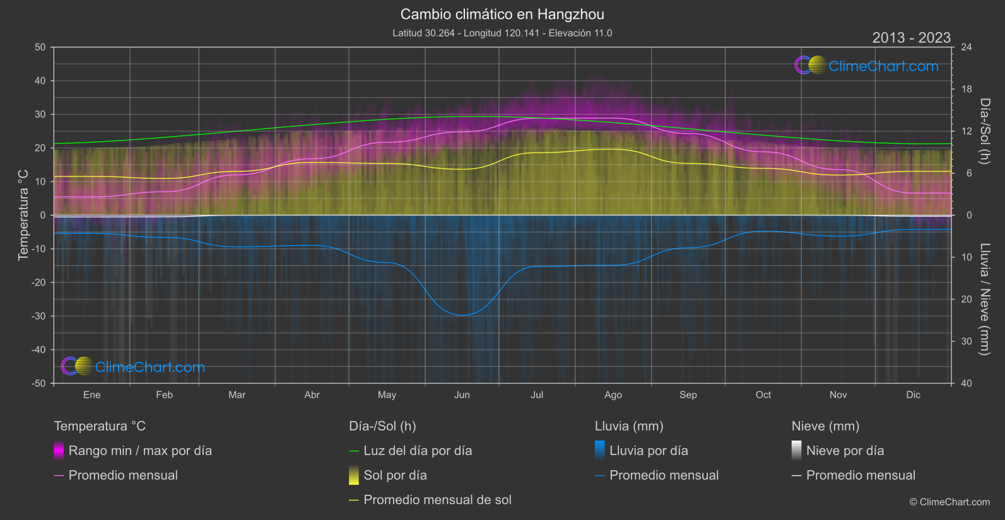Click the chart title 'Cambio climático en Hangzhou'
coord(502,14)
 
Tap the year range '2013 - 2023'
coord(911,38)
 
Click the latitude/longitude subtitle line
coord(502,33)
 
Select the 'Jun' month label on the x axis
coord(462,395)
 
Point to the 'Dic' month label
coord(913,395)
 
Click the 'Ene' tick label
coord(92,395)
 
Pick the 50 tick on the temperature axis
coord(40,47)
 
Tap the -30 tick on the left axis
coord(38,316)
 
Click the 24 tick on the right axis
coord(966,47)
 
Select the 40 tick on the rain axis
coord(966,383)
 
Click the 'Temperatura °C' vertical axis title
coord(23,214)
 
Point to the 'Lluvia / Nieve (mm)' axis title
coord(985,299)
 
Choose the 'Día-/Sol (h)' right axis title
coord(985,131)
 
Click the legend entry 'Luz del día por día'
coord(418,451)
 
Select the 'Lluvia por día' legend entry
coord(649,451)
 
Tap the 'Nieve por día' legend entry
coord(845,451)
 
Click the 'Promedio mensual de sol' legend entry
coord(437,500)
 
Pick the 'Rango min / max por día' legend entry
coord(140,451)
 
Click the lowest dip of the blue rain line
coord(462,315)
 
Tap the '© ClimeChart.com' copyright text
coord(949,502)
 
